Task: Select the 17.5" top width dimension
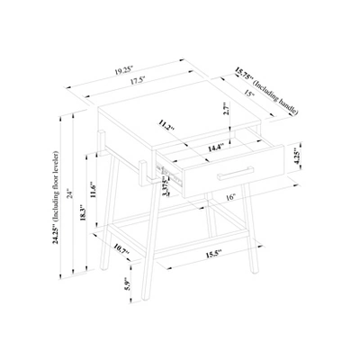pyautogui.click(x=137, y=80)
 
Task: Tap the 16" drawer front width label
pyautogui.click(x=232, y=195)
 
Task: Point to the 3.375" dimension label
pyautogui.click(x=164, y=188)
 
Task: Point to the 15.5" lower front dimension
pyautogui.click(x=213, y=255)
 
